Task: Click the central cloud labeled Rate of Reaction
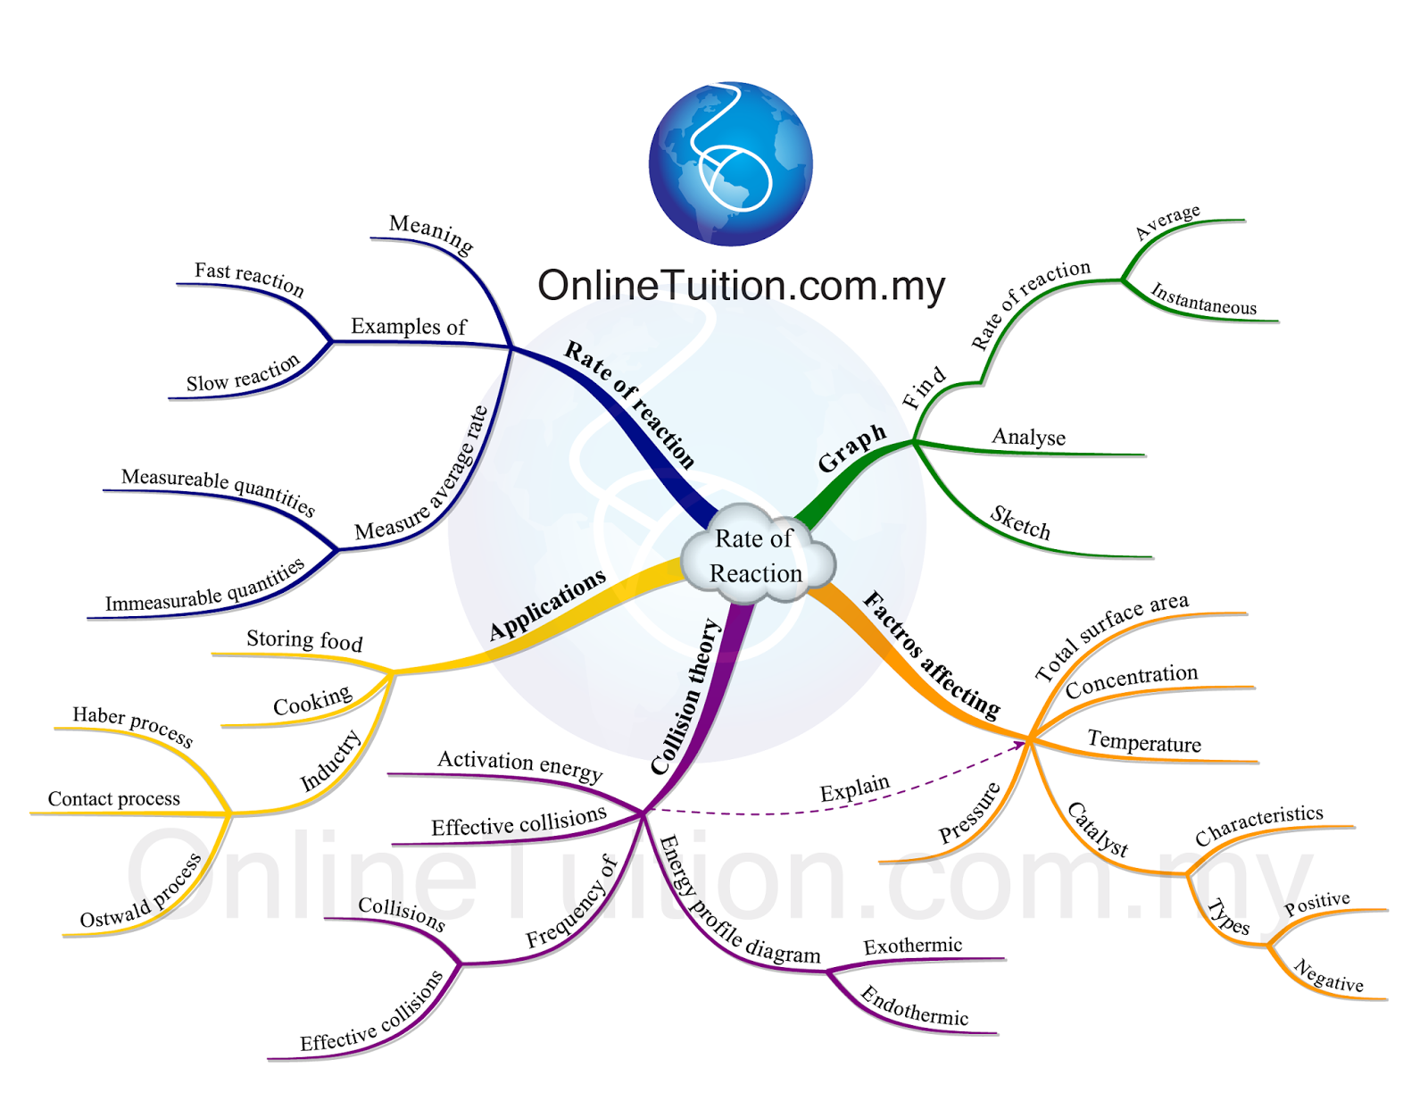(x=757, y=555)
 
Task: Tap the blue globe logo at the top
(x=730, y=163)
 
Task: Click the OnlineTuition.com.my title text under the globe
(x=741, y=287)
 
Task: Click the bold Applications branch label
(x=547, y=605)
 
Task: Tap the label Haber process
(x=132, y=725)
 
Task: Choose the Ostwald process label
(x=141, y=892)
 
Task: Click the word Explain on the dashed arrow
(x=854, y=788)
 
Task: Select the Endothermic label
(x=914, y=1005)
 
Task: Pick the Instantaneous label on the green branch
(x=1203, y=299)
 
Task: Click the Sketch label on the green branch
(x=1020, y=523)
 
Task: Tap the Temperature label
(x=1144, y=742)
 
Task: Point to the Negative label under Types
(x=1328, y=976)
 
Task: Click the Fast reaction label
(x=249, y=278)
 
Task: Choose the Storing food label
(x=304, y=639)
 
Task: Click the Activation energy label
(x=519, y=764)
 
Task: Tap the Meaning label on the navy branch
(x=431, y=233)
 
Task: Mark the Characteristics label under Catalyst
(x=1258, y=825)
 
